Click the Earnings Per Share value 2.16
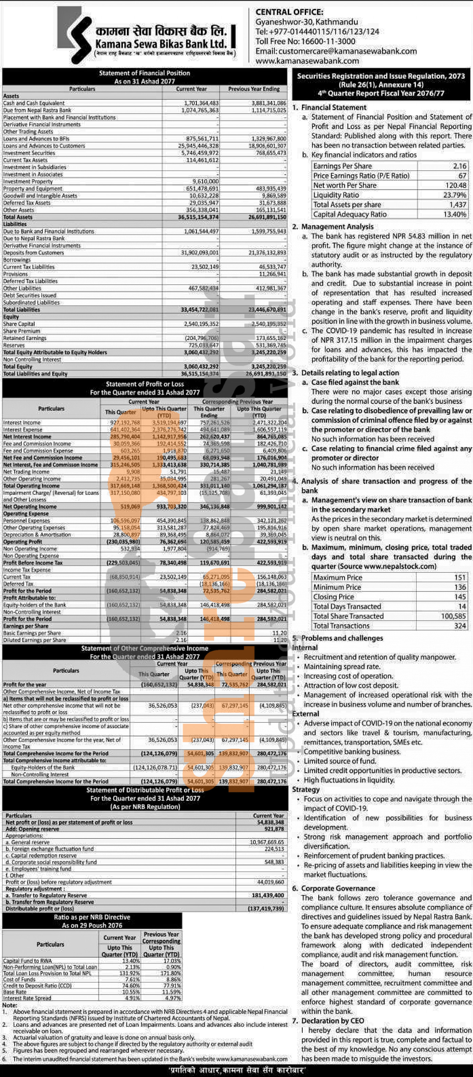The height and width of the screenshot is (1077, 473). pyautogui.click(x=459, y=166)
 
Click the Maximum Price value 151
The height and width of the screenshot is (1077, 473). pyautogui.click(x=460, y=578)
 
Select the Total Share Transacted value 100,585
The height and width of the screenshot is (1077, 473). pyautogui.click(x=453, y=616)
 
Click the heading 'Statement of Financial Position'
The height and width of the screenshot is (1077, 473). pyautogui.click(x=144, y=73)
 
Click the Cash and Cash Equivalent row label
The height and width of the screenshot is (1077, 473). pyautogui.click(x=34, y=103)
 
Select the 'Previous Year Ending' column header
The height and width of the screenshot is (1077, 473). pyautogui.click(x=253, y=89)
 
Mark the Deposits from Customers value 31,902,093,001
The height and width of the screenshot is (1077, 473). pyautogui.click(x=200, y=253)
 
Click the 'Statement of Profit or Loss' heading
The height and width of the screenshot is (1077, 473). pyautogui.click(x=144, y=384)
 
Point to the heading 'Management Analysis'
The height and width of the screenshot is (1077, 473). pyautogui.click(x=337, y=227)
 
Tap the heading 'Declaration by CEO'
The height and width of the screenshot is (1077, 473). pyautogui.click(x=333, y=1021)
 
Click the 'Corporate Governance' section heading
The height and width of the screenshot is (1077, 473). pyautogui.click(x=338, y=888)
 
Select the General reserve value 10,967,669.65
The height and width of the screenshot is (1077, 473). pyautogui.click(x=266, y=842)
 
